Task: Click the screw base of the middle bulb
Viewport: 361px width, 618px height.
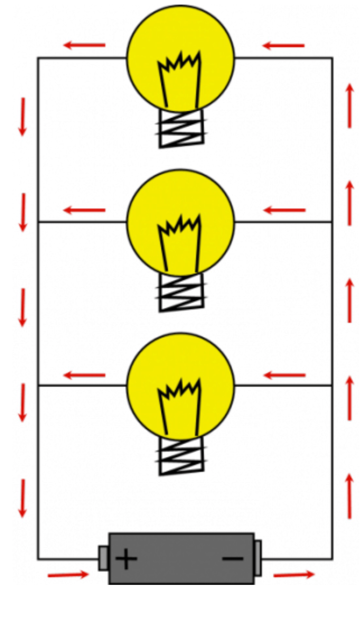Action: [182, 292]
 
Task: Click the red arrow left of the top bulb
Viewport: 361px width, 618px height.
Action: [84, 45]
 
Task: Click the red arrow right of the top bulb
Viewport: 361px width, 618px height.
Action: [283, 45]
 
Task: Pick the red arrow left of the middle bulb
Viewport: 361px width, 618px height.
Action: [84, 210]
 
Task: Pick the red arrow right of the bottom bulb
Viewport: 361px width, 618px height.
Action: [284, 375]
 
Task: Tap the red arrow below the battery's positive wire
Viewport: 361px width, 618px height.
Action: [68, 575]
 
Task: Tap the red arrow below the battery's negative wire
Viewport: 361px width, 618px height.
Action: [294, 574]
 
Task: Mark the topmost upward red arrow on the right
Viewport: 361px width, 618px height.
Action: [350, 106]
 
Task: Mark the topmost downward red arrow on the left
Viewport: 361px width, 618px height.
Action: [23, 117]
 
